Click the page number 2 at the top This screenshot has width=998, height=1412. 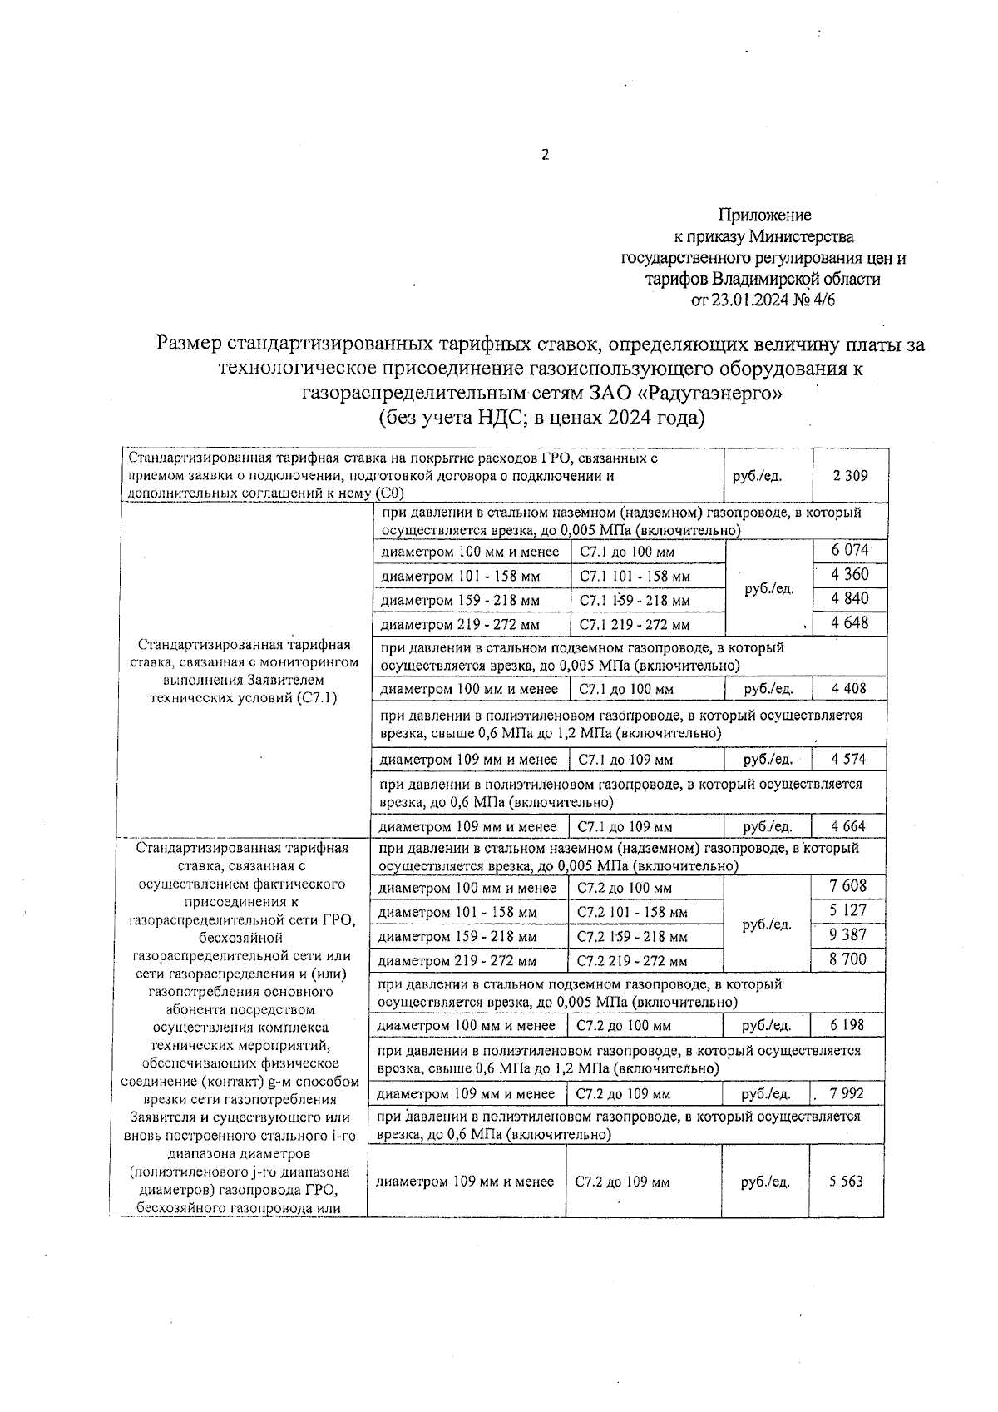click(546, 155)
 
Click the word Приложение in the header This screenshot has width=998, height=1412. click(764, 216)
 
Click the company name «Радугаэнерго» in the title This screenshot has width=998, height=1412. click(713, 392)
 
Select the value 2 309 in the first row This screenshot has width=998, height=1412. click(849, 476)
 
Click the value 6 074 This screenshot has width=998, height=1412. click(849, 550)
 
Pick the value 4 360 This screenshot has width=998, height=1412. click(849, 574)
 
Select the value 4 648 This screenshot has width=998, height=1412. click(849, 622)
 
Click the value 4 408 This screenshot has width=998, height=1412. click(848, 688)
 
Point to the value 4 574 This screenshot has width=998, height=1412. click(848, 759)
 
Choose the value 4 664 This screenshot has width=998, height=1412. click(848, 826)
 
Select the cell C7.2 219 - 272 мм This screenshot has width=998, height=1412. click(632, 961)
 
